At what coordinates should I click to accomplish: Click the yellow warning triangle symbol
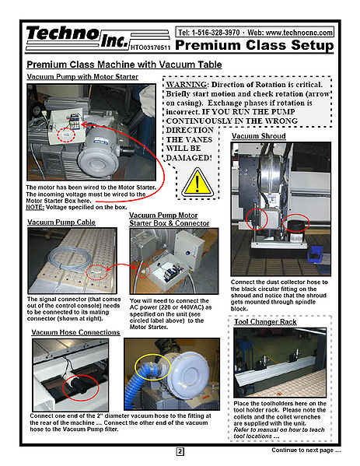point(197,183)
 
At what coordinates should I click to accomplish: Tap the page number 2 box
point(180,452)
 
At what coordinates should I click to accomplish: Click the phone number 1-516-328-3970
point(215,33)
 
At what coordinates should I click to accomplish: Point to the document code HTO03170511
point(150,47)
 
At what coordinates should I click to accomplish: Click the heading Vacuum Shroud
point(258,136)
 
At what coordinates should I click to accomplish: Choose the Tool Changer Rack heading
point(265,322)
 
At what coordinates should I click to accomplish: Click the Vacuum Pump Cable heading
point(61,222)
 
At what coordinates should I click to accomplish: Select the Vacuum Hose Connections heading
point(75,332)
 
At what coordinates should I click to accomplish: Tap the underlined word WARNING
point(187,85)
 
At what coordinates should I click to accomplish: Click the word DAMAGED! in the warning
point(189,158)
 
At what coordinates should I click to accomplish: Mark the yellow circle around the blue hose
point(135,367)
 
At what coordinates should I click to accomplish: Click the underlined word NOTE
point(35,207)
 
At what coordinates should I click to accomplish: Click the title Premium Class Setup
point(254,45)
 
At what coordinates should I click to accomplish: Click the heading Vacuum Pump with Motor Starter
point(82,77)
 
